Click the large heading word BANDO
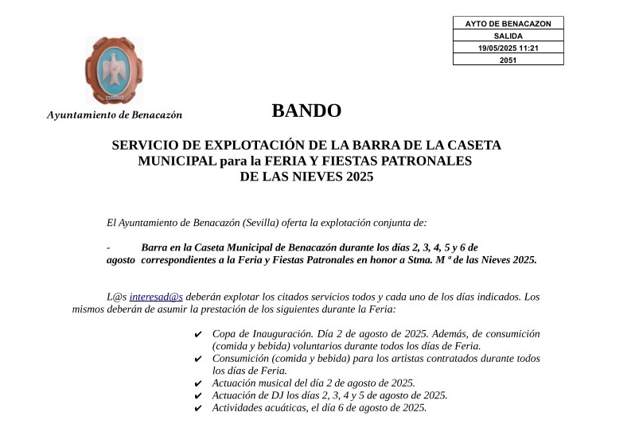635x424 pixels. pyautogui.click(x=306, y=111)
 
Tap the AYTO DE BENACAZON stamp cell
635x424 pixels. pyautogui.click(x=508, y=24)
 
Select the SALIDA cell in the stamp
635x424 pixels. pyautogui.click(x=508, y=36)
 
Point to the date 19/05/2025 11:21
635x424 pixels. pyautogui.click(x=508, y=48)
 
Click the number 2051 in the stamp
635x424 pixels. pyautogui.click(x=508, y=60)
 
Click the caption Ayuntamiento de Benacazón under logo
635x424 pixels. pyautogui.click(x=115, y=115)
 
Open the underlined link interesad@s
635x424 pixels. pyautogui.click(x=156, y=297)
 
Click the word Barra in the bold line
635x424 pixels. pyautogui.click(x=155, y=247)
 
